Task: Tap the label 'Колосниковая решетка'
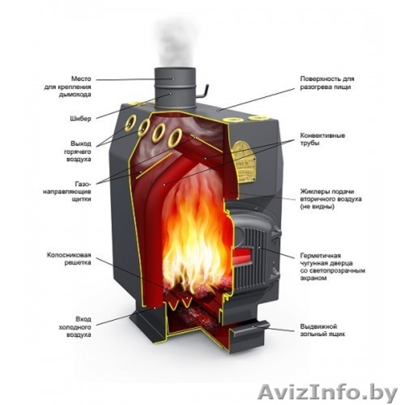(68, 260)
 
